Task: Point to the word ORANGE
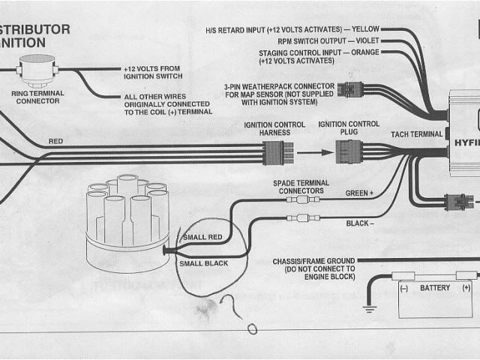click(364, 52)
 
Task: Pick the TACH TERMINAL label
click(416, 133)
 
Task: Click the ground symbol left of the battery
click(369, 307)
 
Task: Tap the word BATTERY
click(435, 287)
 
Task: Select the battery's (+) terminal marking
click(466, 287)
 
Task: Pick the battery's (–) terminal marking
click(403, 287)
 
